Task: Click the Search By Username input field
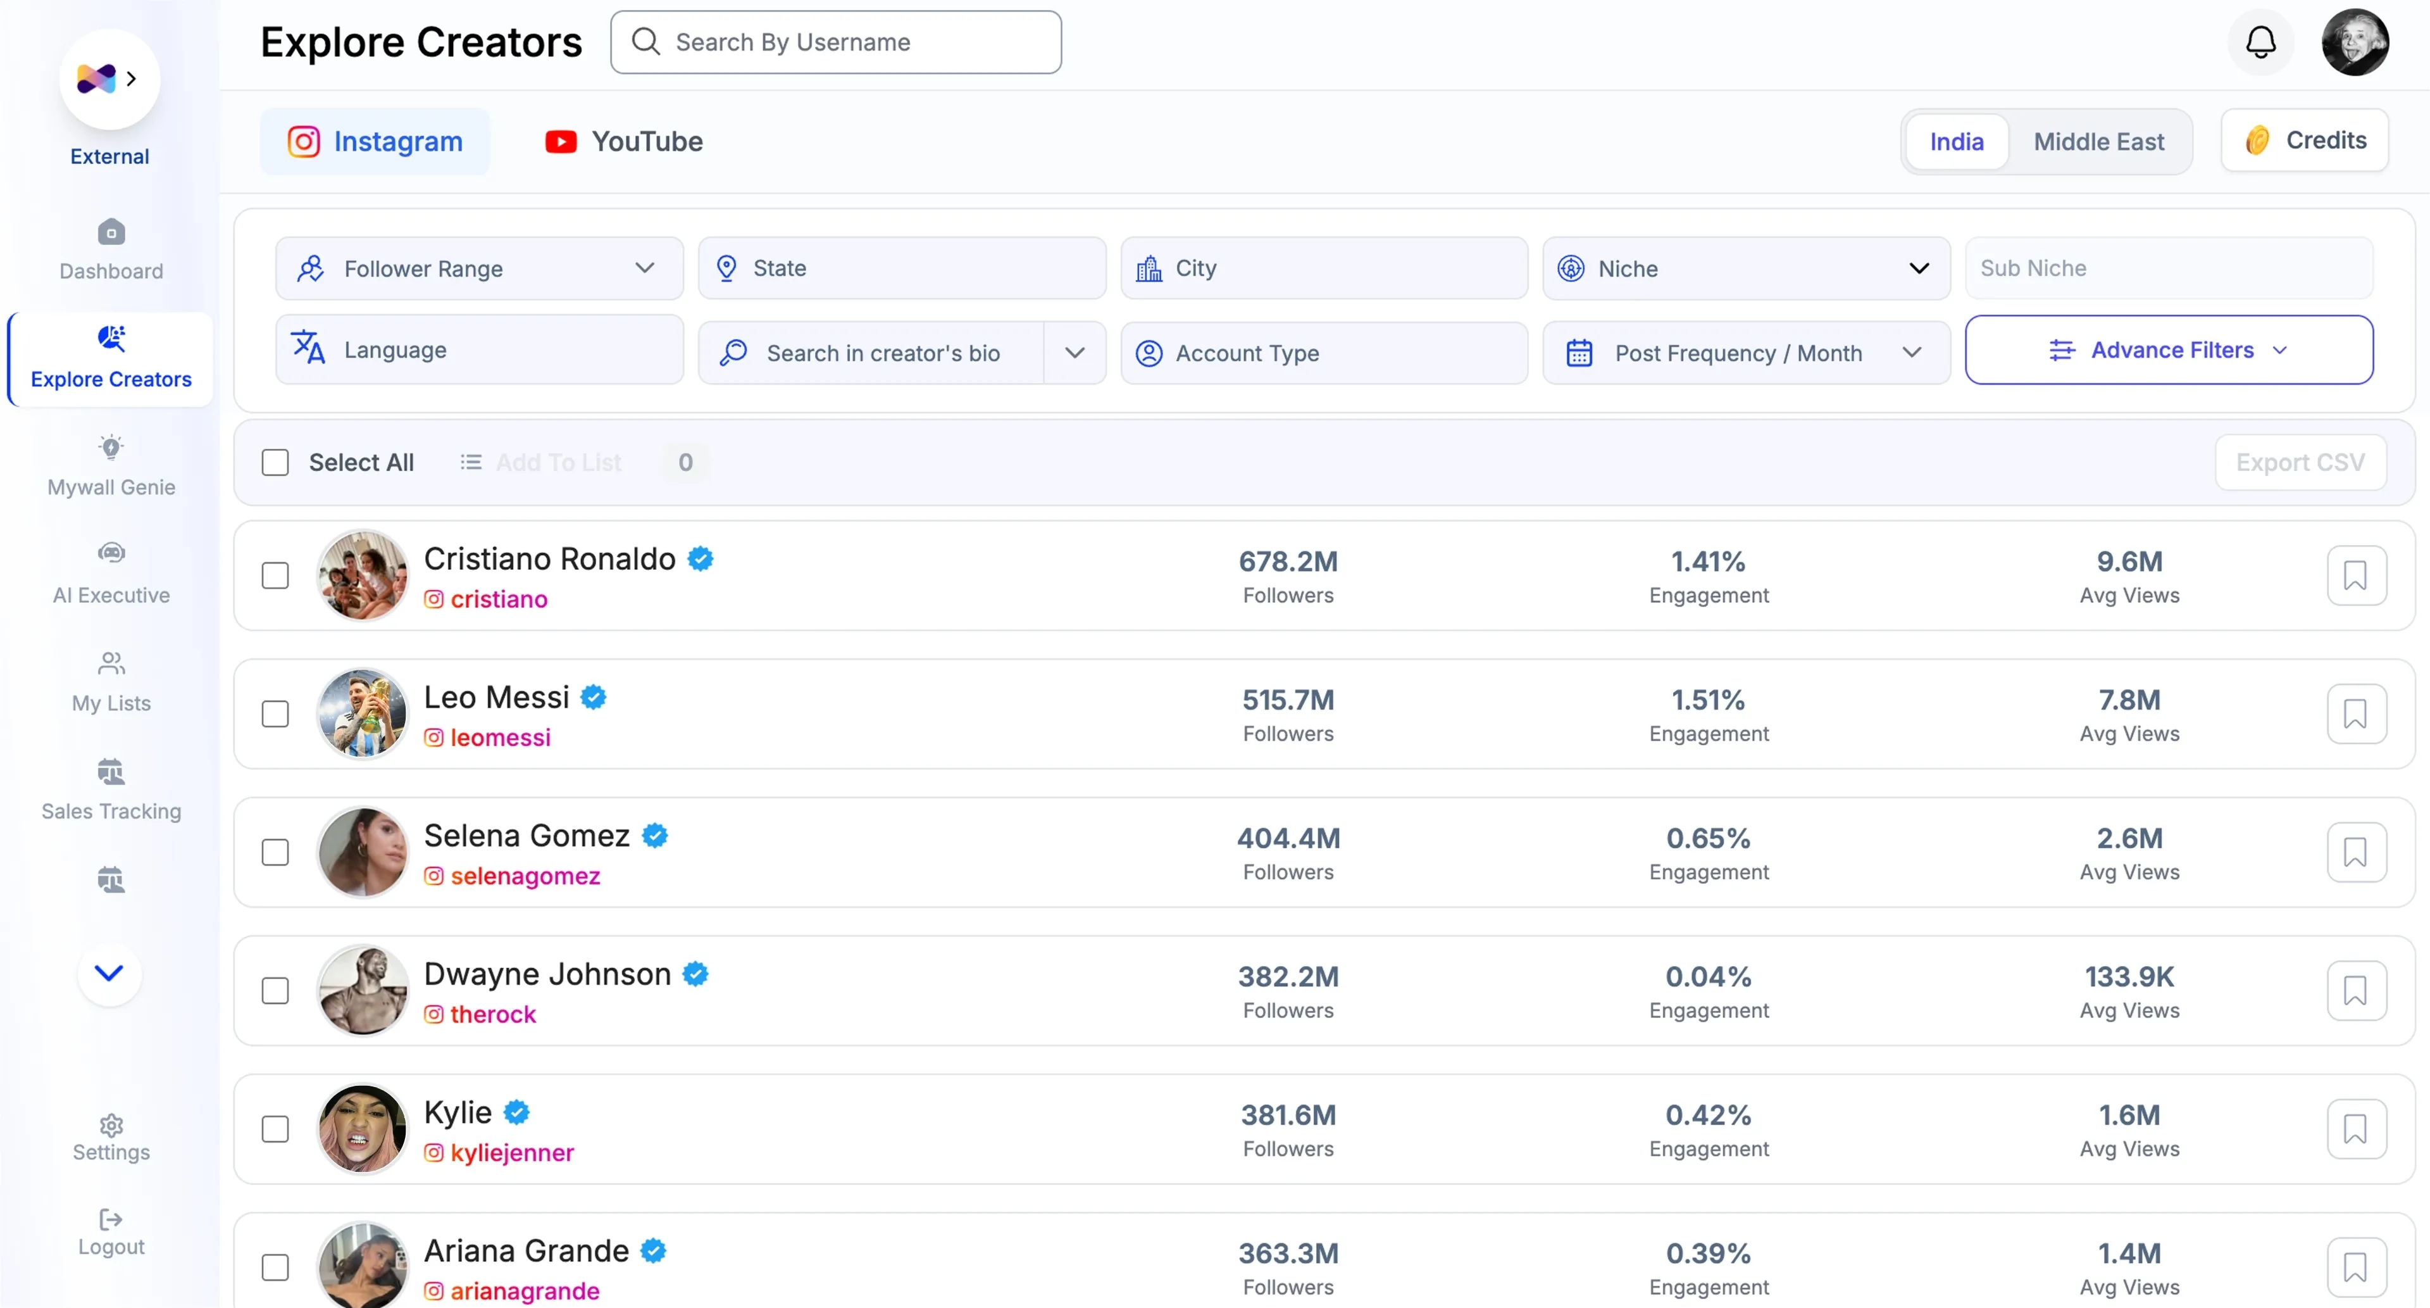(836, 42)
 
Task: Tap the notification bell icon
(2260, 42)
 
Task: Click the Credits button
(2305, 141)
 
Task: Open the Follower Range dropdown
(479, 269)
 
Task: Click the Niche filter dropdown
(1746, 269)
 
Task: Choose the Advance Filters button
(2169, 350)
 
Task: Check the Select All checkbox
(275, 462)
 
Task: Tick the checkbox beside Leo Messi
(275, 714)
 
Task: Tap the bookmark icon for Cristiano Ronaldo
(2355, 575)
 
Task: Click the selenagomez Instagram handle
(525, 877)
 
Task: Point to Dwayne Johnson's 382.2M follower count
(1288, 977)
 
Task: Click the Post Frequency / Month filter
(1746, 353)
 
